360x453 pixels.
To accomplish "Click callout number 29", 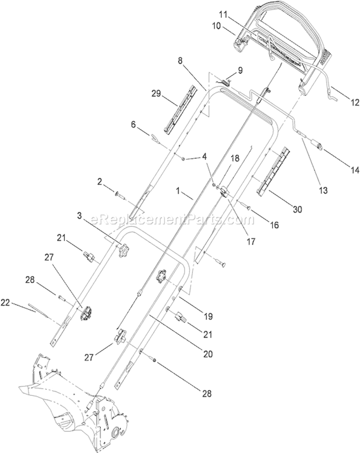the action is [x=156, y=94].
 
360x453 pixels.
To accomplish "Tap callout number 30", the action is [x=298, y=209].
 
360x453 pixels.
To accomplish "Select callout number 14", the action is [x=355, y=170].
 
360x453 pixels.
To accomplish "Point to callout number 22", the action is [x=6, y=303].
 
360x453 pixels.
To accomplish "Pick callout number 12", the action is [x=355, y=102].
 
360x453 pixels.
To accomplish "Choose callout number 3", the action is [x=80, y=215].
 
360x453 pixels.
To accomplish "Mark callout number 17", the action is [x=252, y=241].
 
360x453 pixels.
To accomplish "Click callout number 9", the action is [x=240, y=70].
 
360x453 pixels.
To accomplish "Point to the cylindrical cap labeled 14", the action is [x=316, y=144].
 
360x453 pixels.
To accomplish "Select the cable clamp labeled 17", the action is [x=224, y=192].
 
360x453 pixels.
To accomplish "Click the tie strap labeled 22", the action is [x=37, y=310].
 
